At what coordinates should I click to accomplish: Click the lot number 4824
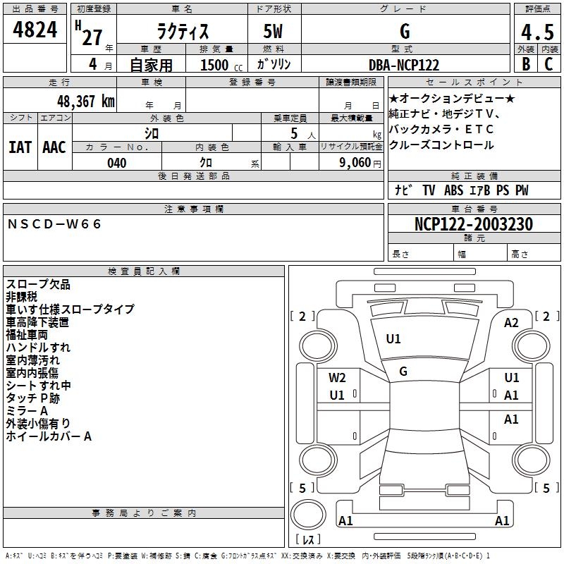pyautogui.click(x=35, y=30)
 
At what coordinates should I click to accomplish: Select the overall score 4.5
pyautogui.click(x=537, y=32)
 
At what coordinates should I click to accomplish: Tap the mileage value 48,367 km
pyautogui.click(x=85, y=102)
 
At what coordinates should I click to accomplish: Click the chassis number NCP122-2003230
pyautogui.click(x=473, y=223)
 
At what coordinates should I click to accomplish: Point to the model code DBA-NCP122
pyautogui.click(x=404, y=65)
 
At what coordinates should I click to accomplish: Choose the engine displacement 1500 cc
pyautogui.click(x=221, y=65)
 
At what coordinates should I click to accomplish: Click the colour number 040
pyautogui.click(x=116, y=163)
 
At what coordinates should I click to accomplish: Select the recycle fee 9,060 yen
pyautogui.click(x=360, y=163)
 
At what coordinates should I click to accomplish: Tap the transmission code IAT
pyautogui.click(x=20, y=147)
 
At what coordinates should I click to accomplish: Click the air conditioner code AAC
pyautogui.click(x=54, y=147)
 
